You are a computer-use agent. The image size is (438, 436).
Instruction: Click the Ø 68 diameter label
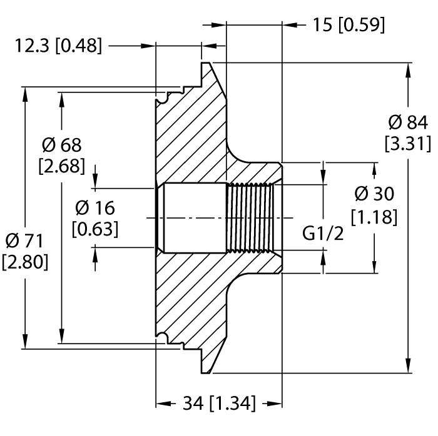(62, 145)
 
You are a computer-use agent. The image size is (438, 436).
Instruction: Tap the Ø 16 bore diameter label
(95, 207)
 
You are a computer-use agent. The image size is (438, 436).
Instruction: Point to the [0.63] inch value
(95, 229)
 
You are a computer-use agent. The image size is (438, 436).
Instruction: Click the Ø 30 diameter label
(374, 194)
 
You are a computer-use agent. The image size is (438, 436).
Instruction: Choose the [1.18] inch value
(374, 217)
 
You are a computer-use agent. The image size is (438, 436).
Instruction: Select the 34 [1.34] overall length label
(219, 404)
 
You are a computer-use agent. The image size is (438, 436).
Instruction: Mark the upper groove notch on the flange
(166, 97)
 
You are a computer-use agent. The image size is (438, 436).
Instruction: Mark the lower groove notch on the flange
(166, 339)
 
